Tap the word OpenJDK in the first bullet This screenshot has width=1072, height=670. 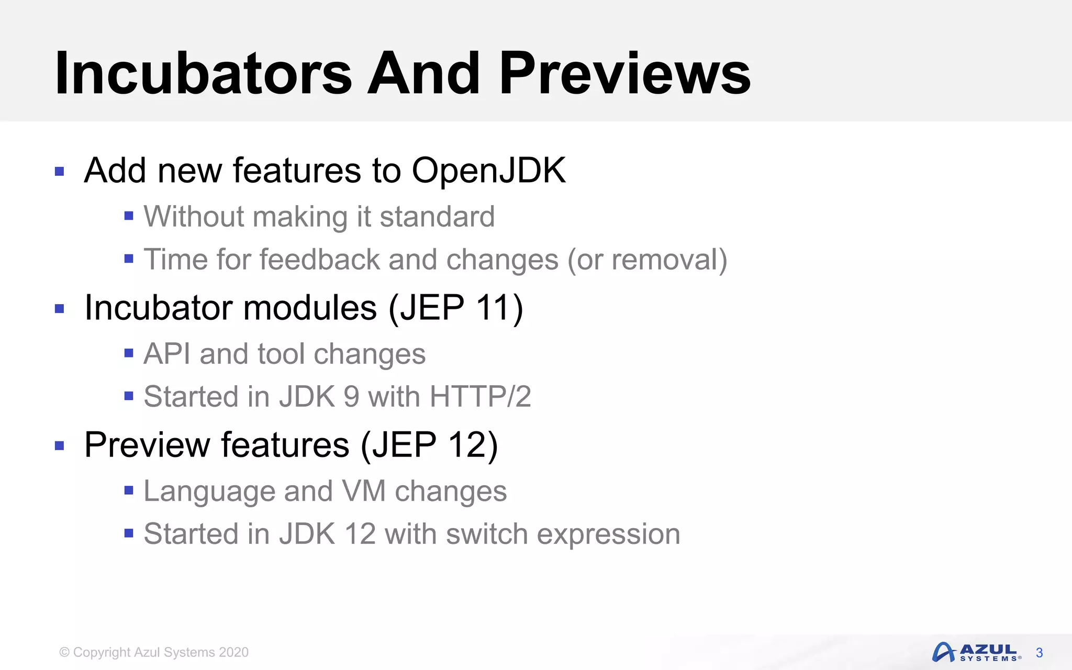click(x=488, y=171)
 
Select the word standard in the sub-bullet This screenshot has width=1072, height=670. click(x=437, y=217)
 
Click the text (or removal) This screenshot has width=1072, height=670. click(x=647, y=260)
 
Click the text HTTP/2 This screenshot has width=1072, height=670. click(x=480, y=397)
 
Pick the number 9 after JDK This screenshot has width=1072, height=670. click(x=351, y=397)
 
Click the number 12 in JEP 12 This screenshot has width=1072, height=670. click(x=467, y=445)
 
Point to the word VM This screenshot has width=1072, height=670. click(x=364, y=492)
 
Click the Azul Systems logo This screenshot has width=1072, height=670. click(x=976, y=652)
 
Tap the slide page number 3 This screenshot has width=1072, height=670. click(x=1040, y=653)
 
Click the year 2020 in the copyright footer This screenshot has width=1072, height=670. click(x=233, y=652)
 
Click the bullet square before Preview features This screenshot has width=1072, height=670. click(x=60, y=446)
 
